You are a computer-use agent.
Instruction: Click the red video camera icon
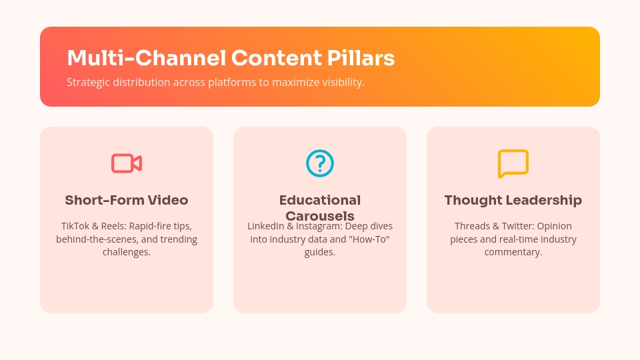pyautogui.click(x=127, y=163)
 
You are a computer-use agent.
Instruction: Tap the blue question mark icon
pyautogui.click(x=320, y=163)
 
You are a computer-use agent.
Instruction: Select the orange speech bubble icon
pyautogui.click(x=513, y=163)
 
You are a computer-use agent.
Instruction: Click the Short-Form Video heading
pyautogui.click(x=127, y=200)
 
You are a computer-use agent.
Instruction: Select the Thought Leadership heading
pyautogui.click(x=513, y=200)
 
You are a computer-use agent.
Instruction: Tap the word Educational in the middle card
pyautogui.click(x=320, y=200)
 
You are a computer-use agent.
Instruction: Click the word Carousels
pyautogui.click(x=320, y=216)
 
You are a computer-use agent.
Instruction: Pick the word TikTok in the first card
pyautogui.click(x=74, y=226)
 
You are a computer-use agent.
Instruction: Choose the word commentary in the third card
pyautogui.click(x=513, y=252)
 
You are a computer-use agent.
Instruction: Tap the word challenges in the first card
pyautogui.click(x=127, y=252)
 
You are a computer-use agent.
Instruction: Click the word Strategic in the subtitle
pyautogui.click(x=87, y=83)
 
